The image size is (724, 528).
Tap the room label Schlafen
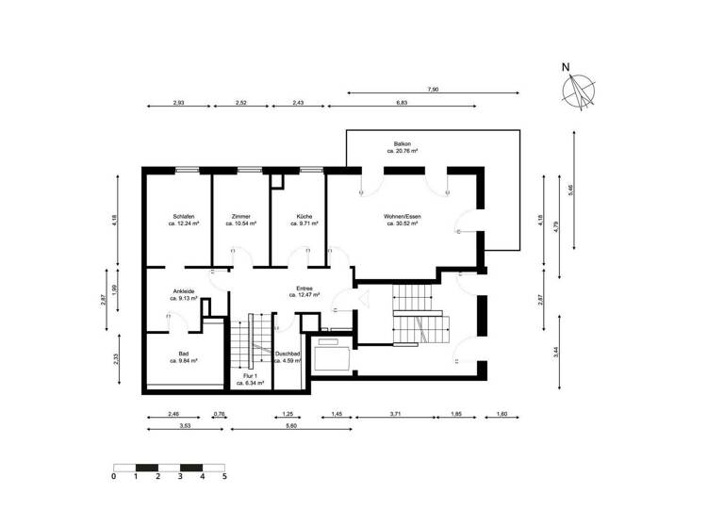click(x=183, y=216)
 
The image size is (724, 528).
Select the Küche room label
click(x=304, y=216)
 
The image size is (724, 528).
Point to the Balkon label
click(x=403, y=143)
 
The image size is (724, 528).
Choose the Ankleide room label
click(x=184, y=291)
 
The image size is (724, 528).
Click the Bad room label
click(x=184, y=354)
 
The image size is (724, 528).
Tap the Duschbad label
click(x=287, y=354)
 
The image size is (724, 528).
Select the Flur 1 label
click(x=250, y=376)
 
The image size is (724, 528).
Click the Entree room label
click(x=304, y=289)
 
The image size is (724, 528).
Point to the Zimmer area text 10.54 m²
click(x=240, y=223)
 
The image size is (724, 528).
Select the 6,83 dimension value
click(x=402, y=102)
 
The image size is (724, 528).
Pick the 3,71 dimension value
click(x=395, y=414)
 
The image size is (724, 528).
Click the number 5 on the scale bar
click(x=224, y=477)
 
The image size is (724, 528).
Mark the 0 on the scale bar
click(x=113, y=477)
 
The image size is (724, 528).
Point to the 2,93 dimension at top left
click(x=178, y=102)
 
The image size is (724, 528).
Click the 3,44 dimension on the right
click(x=556, y=355)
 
